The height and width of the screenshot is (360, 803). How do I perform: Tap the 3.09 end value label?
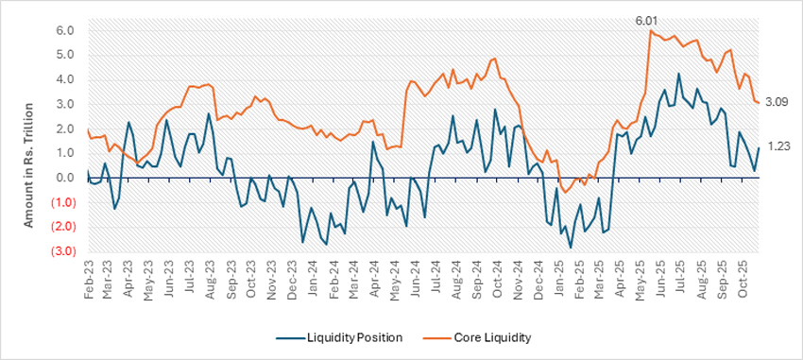click(x=777, y=102)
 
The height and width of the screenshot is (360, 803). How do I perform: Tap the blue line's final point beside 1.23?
click(x=759, y=147)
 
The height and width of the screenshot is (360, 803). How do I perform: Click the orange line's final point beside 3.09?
click(x=759, y=102)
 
